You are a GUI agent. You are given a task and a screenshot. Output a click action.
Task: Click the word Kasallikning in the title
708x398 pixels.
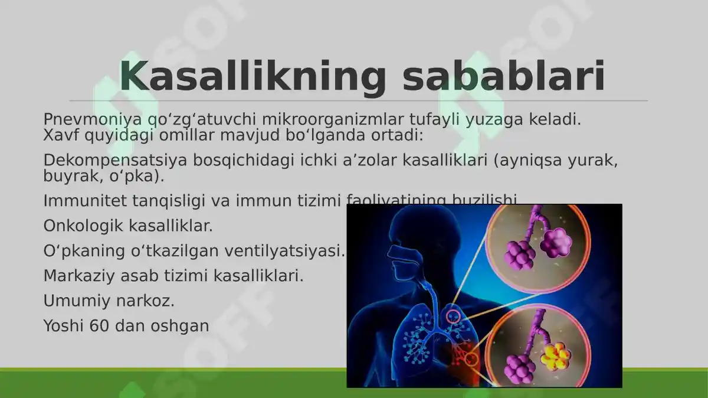click(x=252, y=77)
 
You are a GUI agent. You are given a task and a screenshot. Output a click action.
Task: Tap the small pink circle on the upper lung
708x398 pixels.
click(x=453, y=317)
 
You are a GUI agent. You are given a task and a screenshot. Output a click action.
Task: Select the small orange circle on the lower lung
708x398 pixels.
click(x=471, y=358)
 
